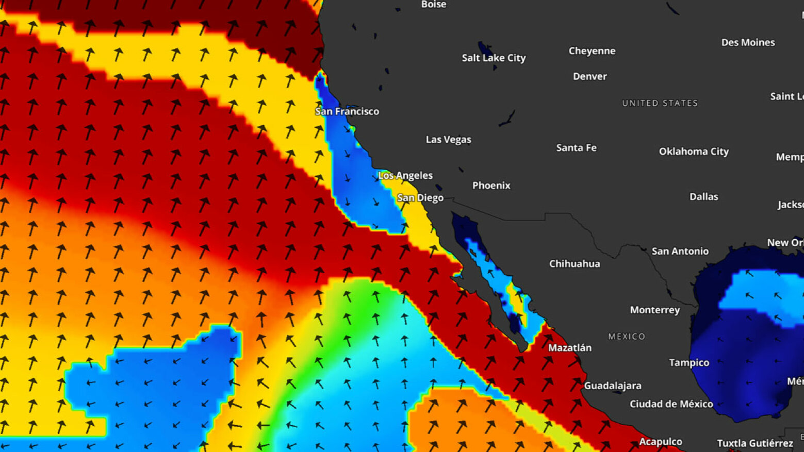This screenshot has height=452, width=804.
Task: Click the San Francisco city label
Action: [x=347, y=111]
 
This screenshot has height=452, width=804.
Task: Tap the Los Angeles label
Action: [x=405, y=175]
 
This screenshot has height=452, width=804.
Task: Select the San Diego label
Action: [x=420, y=198]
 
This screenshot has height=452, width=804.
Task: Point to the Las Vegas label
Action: [x=448, y=139]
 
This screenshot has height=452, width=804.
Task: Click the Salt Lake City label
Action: [x=494, y=58]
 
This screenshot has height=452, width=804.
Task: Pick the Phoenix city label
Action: [x=491, y=185]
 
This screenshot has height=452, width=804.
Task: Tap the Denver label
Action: [x=589, y=76]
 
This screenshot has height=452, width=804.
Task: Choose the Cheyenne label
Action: [x=592, y=51]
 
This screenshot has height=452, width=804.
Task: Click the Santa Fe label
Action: [x=576, y=148]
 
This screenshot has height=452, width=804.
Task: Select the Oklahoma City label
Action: [x=694, y=152]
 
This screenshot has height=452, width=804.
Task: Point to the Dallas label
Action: [x=703, y=196]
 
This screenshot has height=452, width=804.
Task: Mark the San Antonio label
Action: [x=680, y=251]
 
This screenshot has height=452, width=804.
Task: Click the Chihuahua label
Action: [x=575, y=263]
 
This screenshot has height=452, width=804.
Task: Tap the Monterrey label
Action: [x=654, y=310]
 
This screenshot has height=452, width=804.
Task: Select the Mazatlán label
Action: [x=569, y=348]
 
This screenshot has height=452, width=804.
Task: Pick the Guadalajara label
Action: [x=612, y=386]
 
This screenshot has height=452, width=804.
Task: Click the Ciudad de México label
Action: [x=671, y=404]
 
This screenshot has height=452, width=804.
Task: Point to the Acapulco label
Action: [x=660, y=442]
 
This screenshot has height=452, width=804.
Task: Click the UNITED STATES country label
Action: [x=660, y=103]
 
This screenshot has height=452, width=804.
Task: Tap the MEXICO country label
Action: [x=626, y=337]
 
